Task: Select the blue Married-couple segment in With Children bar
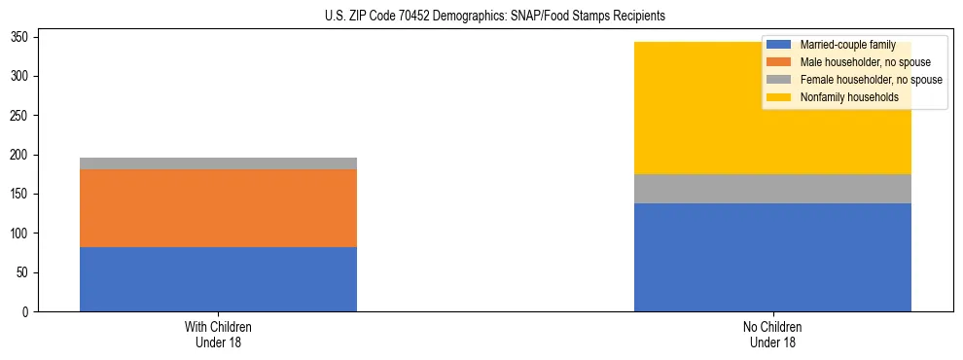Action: [218, 279]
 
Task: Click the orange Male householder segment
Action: [218, 208]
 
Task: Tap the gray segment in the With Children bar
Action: [218, 163]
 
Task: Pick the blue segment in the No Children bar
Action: [772, 257]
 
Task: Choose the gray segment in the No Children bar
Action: [772, 189]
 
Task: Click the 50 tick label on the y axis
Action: [24, 272]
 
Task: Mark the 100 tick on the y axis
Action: [21, 234]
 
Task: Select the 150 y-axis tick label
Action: [21, 194]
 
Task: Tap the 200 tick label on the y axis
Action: [21, 155]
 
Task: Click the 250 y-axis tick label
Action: [21, 116]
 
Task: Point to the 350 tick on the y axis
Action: [21, 37]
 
